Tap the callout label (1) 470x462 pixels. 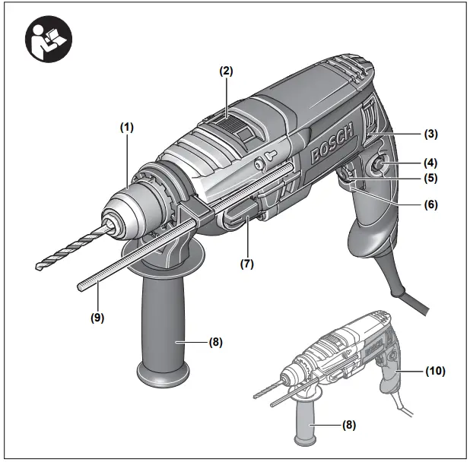coord(125,127)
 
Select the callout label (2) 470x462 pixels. coord(226,71)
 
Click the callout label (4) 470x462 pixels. coord(431,162)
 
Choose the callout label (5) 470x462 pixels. coord(431,179)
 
